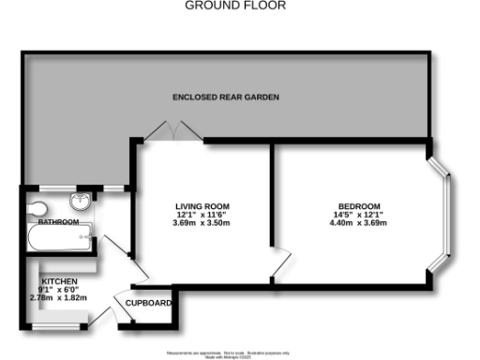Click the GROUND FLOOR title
click(x=235, y=6)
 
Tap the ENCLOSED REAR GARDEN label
click(x=226, y=97)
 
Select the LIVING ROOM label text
click(x=202, y=206)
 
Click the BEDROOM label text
click(x=360, y=206)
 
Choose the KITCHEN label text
click(x=59, y=281)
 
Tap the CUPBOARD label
click(x=151, y=303)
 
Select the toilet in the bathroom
click(x=37, y=207)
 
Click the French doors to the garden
click(x=172, y=133)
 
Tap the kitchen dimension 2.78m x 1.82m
click(x=59, y=297)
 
